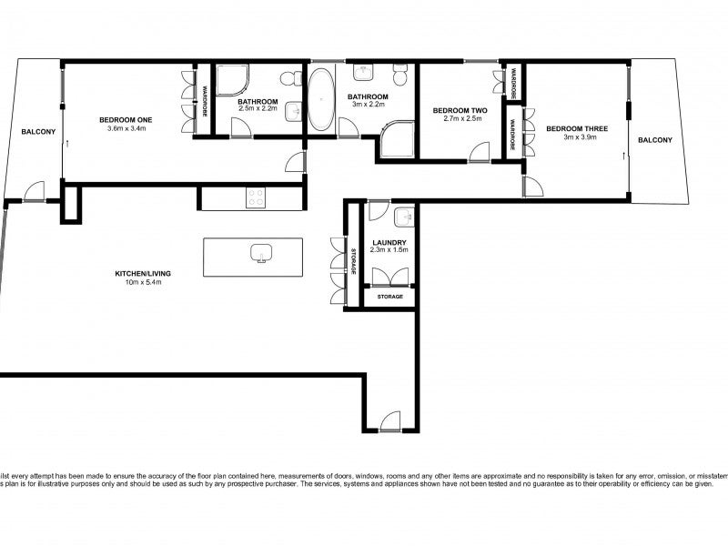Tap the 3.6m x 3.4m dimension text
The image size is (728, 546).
[x=126, y=129]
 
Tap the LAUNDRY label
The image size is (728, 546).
[x=389, y=242]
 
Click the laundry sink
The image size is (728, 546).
[x=405, y=217]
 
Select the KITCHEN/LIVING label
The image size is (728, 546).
[x=143, y=273]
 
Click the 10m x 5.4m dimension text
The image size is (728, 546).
[x=143, y=282]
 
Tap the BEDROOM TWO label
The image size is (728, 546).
[x=460, y=110]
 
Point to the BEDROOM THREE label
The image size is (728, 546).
[x=571, y=128]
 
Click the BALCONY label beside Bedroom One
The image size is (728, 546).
[x=38, y=132]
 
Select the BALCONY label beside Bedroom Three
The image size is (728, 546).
[x=655, y=139]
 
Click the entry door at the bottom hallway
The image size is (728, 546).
[x=389, y=420]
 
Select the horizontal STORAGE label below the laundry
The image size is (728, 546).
[x=389, y=297]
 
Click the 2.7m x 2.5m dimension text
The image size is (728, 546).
[x=460, y=119]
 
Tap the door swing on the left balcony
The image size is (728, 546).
[x=34, y=191]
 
